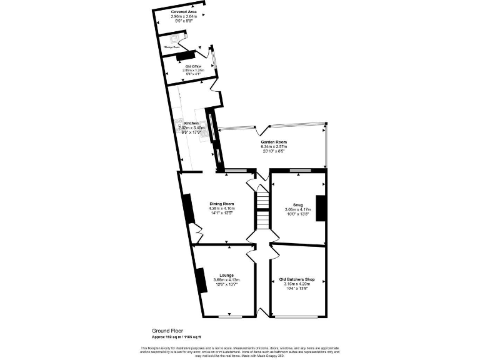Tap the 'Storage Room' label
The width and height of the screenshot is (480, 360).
[172, 47]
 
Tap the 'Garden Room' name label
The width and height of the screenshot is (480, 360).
[273, 142]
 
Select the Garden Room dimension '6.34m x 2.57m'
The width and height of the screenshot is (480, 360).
[273, 147]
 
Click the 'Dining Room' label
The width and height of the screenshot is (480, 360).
[221, 204]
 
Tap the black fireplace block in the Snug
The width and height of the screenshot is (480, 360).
[321, 208]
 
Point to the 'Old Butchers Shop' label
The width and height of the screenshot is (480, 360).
[297, 279]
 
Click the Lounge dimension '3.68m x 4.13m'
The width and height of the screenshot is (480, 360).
[226, 279]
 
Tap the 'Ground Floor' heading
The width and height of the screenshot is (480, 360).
[166, 330]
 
